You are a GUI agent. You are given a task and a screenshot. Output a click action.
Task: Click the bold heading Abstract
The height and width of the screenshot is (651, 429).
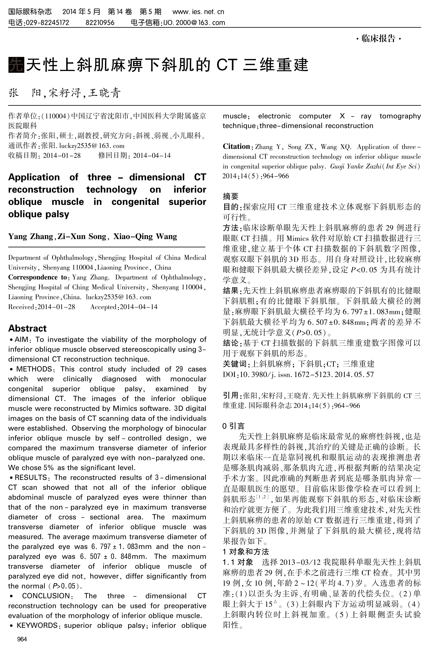27,328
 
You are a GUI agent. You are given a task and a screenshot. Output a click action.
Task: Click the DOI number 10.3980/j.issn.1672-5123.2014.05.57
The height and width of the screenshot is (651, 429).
306,374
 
